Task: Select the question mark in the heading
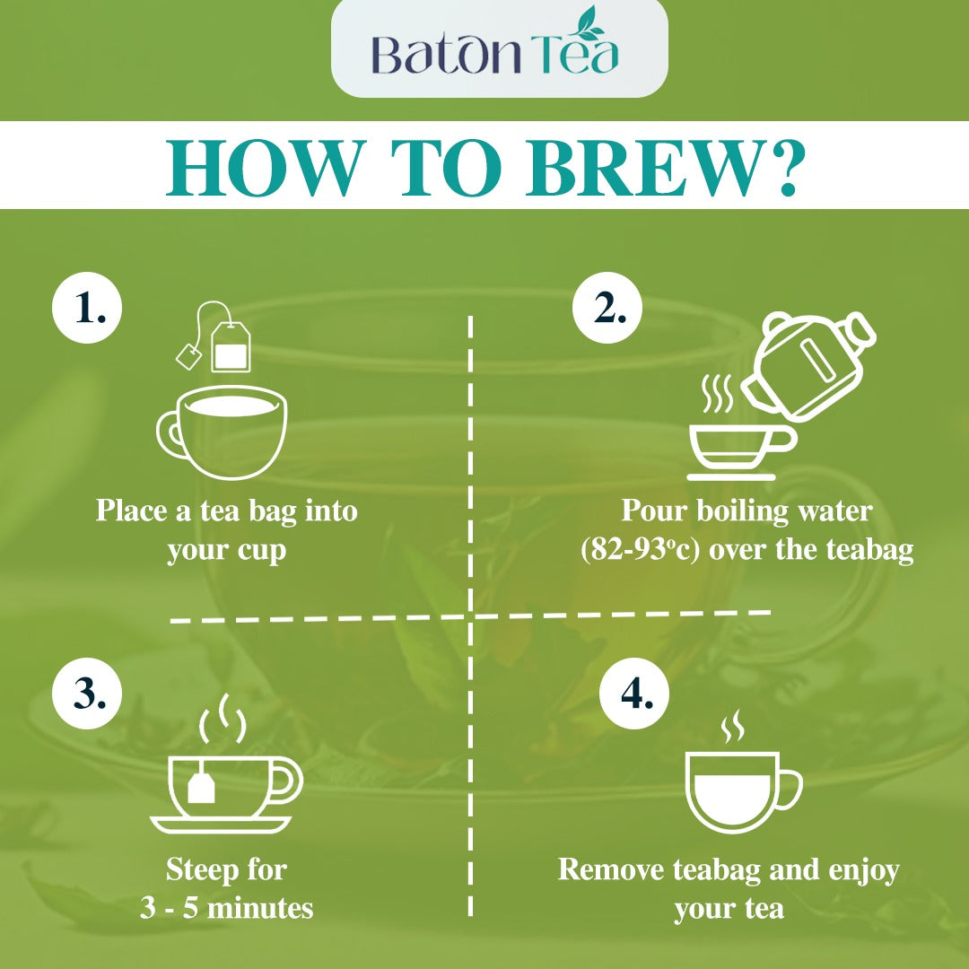click(783, 168)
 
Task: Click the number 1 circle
click(87, 308)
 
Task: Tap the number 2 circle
click(607, 308)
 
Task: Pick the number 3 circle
click(87, 694)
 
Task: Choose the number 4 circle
click(634, 694)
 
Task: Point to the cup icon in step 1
click(222, 432)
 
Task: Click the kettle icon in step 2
click(807, 366)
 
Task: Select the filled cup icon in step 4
click(744, 791)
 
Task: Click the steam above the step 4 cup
click(733, 727)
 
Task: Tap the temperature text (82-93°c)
click(640, 550)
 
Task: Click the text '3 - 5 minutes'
click(226, 908)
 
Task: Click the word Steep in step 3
click(202, 870)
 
